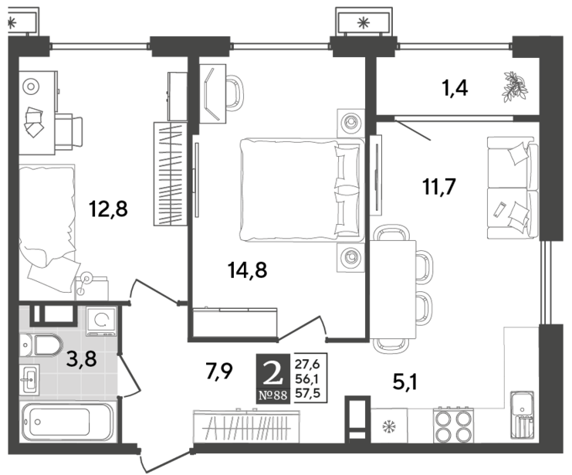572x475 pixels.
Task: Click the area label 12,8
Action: click(108, 210)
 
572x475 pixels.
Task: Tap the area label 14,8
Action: click(247, 270)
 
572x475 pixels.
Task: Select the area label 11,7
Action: click(439, 188)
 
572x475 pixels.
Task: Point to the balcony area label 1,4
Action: click(455, 88)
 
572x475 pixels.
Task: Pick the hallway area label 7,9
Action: click(219, 371)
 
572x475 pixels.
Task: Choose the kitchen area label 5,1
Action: click(405, 383)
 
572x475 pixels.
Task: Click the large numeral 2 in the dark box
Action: click(273, 375)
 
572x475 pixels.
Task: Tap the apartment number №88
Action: click(273, 395)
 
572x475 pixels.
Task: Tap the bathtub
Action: click(68, 422)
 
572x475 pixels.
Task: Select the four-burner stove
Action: click(453, 426)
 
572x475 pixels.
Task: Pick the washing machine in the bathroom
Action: click(101, 321)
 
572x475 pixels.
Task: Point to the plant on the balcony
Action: click(515, 87)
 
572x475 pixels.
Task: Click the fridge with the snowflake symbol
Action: click(389, 426)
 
